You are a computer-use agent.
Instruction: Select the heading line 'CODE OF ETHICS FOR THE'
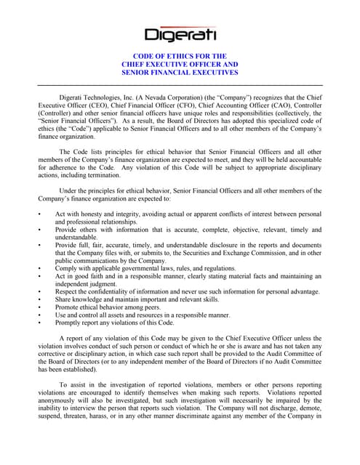180,55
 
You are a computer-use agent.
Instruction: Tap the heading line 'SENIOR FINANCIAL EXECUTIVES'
180,73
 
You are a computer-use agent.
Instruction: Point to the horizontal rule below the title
180,86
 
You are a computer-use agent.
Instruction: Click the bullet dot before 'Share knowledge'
39,299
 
